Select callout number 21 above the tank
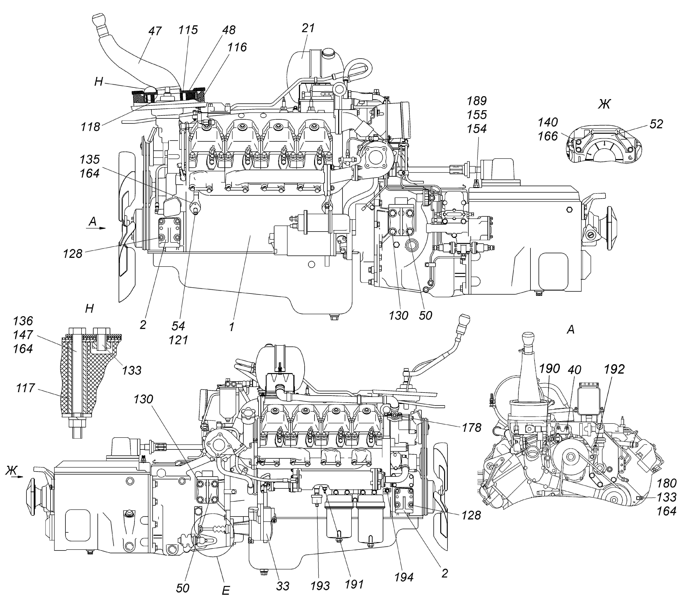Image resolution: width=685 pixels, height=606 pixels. point(308,28)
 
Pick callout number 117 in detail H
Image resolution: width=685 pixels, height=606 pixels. point(25,388)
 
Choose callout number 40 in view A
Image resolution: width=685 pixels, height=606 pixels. point(574,370)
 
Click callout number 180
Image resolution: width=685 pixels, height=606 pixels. point(667,483)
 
